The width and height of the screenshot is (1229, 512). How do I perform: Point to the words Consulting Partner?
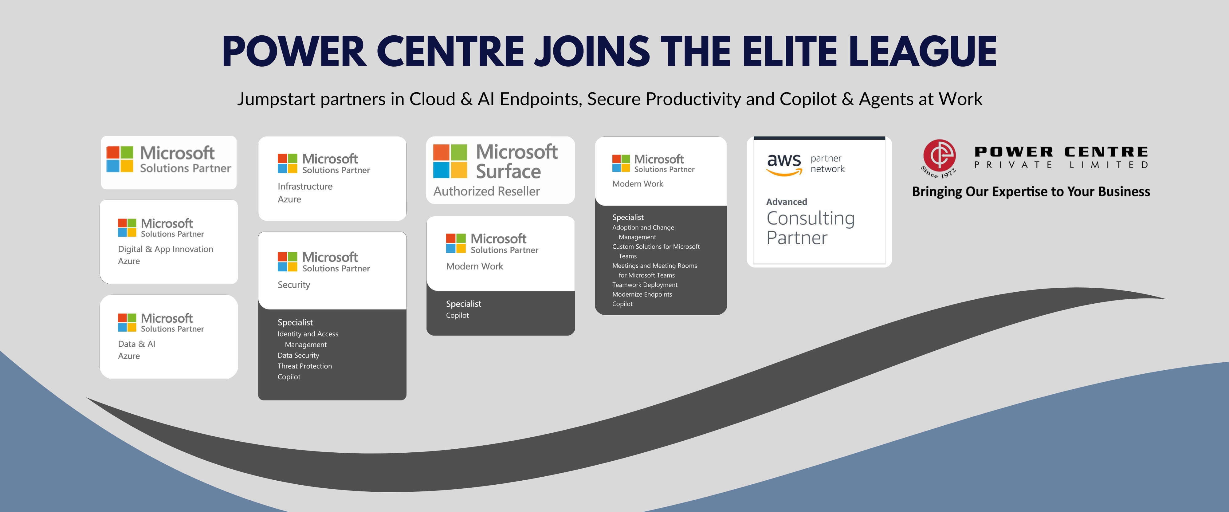[810, 228]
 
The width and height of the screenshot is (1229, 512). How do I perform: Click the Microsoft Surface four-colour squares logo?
[450, 161]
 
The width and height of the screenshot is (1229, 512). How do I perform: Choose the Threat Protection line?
[305, 366]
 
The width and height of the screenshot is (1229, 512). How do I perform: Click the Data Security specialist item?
[298, 356]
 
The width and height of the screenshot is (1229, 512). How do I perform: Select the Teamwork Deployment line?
[645, 285]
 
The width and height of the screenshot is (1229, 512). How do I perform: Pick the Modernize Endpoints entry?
[642, 294]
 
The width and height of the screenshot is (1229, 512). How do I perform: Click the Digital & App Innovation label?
[166, 249]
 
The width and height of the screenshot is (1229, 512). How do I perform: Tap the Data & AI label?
[136, 344]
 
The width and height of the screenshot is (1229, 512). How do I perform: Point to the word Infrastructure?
[305, 187]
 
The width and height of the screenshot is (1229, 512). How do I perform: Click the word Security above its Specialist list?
[294, 285]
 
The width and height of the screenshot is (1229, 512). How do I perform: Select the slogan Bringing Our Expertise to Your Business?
[1031, 192]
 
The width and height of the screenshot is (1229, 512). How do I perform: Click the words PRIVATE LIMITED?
[1061, 165]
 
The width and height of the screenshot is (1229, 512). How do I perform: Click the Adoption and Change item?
[643, 228]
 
